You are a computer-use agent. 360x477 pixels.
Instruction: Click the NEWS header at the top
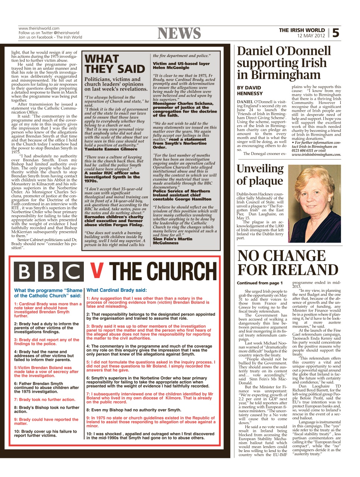[179, 34]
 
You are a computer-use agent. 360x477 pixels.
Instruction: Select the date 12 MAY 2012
[311, 36]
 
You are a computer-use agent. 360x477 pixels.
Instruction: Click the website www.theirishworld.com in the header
[39, 28]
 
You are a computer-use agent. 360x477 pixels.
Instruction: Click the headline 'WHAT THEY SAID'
[114, 64]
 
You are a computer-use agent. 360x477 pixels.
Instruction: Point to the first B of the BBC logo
[24, 272]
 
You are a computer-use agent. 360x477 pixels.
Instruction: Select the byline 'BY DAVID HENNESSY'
[250, 91]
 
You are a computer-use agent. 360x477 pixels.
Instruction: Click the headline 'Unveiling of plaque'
[260, 174]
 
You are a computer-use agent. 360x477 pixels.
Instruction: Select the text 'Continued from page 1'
[260, 283]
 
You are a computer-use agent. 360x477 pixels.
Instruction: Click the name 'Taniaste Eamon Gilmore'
[111, 149]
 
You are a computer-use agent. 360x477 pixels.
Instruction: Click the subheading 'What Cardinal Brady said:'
[117, 290]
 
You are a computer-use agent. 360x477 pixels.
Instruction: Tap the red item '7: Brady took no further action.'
[45, 399]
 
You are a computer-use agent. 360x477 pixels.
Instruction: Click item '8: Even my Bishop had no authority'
[134, 410]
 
